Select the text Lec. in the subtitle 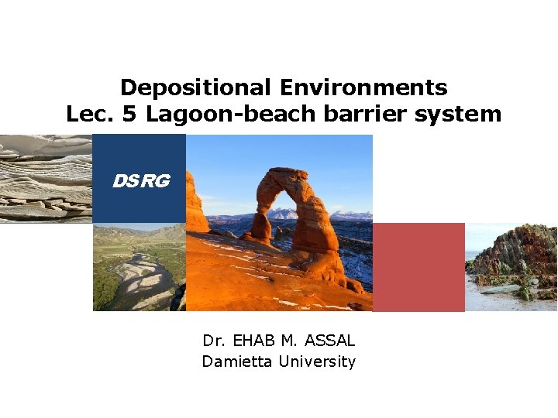(88, 115)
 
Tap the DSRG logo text (140, 181)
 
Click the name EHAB (257, 340)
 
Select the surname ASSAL (331, 340)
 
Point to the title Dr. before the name (213, 340)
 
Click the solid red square (418, 267)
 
